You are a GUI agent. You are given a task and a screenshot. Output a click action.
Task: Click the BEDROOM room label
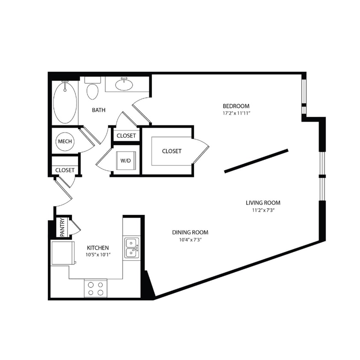tap(236, 106)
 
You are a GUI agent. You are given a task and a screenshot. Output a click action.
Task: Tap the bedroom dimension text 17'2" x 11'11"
tap(236, 114)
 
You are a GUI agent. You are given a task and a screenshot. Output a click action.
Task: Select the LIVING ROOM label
tap(263, 203)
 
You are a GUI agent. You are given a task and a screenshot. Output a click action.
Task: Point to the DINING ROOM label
tap(190, 232)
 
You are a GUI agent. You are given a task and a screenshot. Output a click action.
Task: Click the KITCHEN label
tap(98, 248)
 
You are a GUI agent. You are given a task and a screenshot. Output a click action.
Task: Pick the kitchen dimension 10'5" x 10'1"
tap(98, 255)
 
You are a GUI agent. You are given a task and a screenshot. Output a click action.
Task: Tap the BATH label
tap(99, 110)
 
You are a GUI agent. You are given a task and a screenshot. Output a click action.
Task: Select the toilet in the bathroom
tap(92, 89)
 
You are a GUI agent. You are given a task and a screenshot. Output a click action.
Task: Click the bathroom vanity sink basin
tap(125, 84)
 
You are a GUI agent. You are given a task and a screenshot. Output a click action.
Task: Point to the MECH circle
tap(64, 142)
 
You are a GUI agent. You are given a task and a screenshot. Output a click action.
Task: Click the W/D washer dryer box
tap(125, 161)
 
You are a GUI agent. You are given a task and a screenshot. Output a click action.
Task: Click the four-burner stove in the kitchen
tap(96, 288)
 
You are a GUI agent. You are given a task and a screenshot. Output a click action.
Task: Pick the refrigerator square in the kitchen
tap(59, 253)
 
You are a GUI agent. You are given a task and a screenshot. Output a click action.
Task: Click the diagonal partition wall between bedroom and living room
tap(256, 161)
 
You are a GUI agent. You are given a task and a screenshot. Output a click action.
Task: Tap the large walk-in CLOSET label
tap(171, 151)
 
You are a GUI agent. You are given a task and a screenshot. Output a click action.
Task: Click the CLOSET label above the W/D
tap(126, 136)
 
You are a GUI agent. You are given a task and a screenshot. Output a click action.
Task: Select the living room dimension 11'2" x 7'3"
tap(263, 210)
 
